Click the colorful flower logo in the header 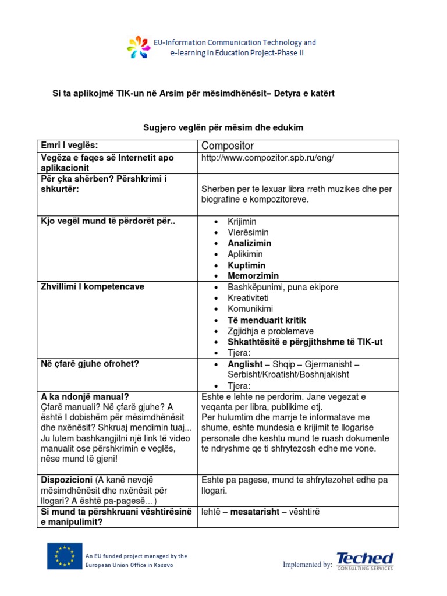pos(139,47)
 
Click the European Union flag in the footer pos(65,557)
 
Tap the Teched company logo pos(365,561)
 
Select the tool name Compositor pos(228,146)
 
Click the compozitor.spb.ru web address pos(267,158)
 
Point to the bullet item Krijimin pos(242,222)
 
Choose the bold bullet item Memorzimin pos(253,276)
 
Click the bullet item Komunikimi pos(250,309)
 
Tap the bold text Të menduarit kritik pos(267,320)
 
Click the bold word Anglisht pos(245,364)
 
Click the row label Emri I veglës pos(69,144)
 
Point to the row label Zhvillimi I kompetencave pos(92,287)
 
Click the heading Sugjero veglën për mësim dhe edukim pos(223,127)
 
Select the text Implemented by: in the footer pos(307,565)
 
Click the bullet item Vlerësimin pos(249,233)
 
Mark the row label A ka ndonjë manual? pos(84,396)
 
